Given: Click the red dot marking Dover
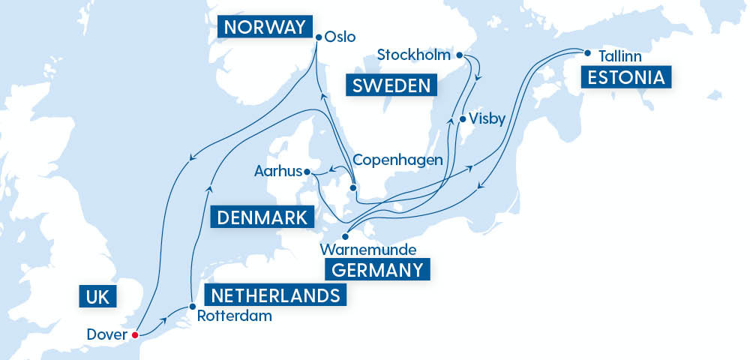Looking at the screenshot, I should [x=135, y=334].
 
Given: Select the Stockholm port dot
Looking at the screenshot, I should [x=459, y=55].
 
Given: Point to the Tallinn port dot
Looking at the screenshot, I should [x=587, y=53].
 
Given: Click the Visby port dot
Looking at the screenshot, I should [x=462, y=118].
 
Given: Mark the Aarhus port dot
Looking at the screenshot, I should [x=307, y=172].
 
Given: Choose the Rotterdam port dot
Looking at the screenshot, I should [x=193, y=307].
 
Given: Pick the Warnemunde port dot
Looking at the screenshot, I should [x=346, y=236].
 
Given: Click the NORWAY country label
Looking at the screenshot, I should [x=263, y=28].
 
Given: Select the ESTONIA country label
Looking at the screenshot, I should [x=625, y=77].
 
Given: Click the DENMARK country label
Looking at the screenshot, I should [x=262, y=217].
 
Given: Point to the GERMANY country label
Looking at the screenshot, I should [x=377, y=269].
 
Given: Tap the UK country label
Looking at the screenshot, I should [x=97, y=297].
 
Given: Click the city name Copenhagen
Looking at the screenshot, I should [x=397, y=160].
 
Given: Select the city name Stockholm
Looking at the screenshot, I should [x=415, y=55].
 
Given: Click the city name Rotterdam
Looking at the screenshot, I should [x=234, y=316].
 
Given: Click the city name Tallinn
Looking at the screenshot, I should [x=619, y=56].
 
